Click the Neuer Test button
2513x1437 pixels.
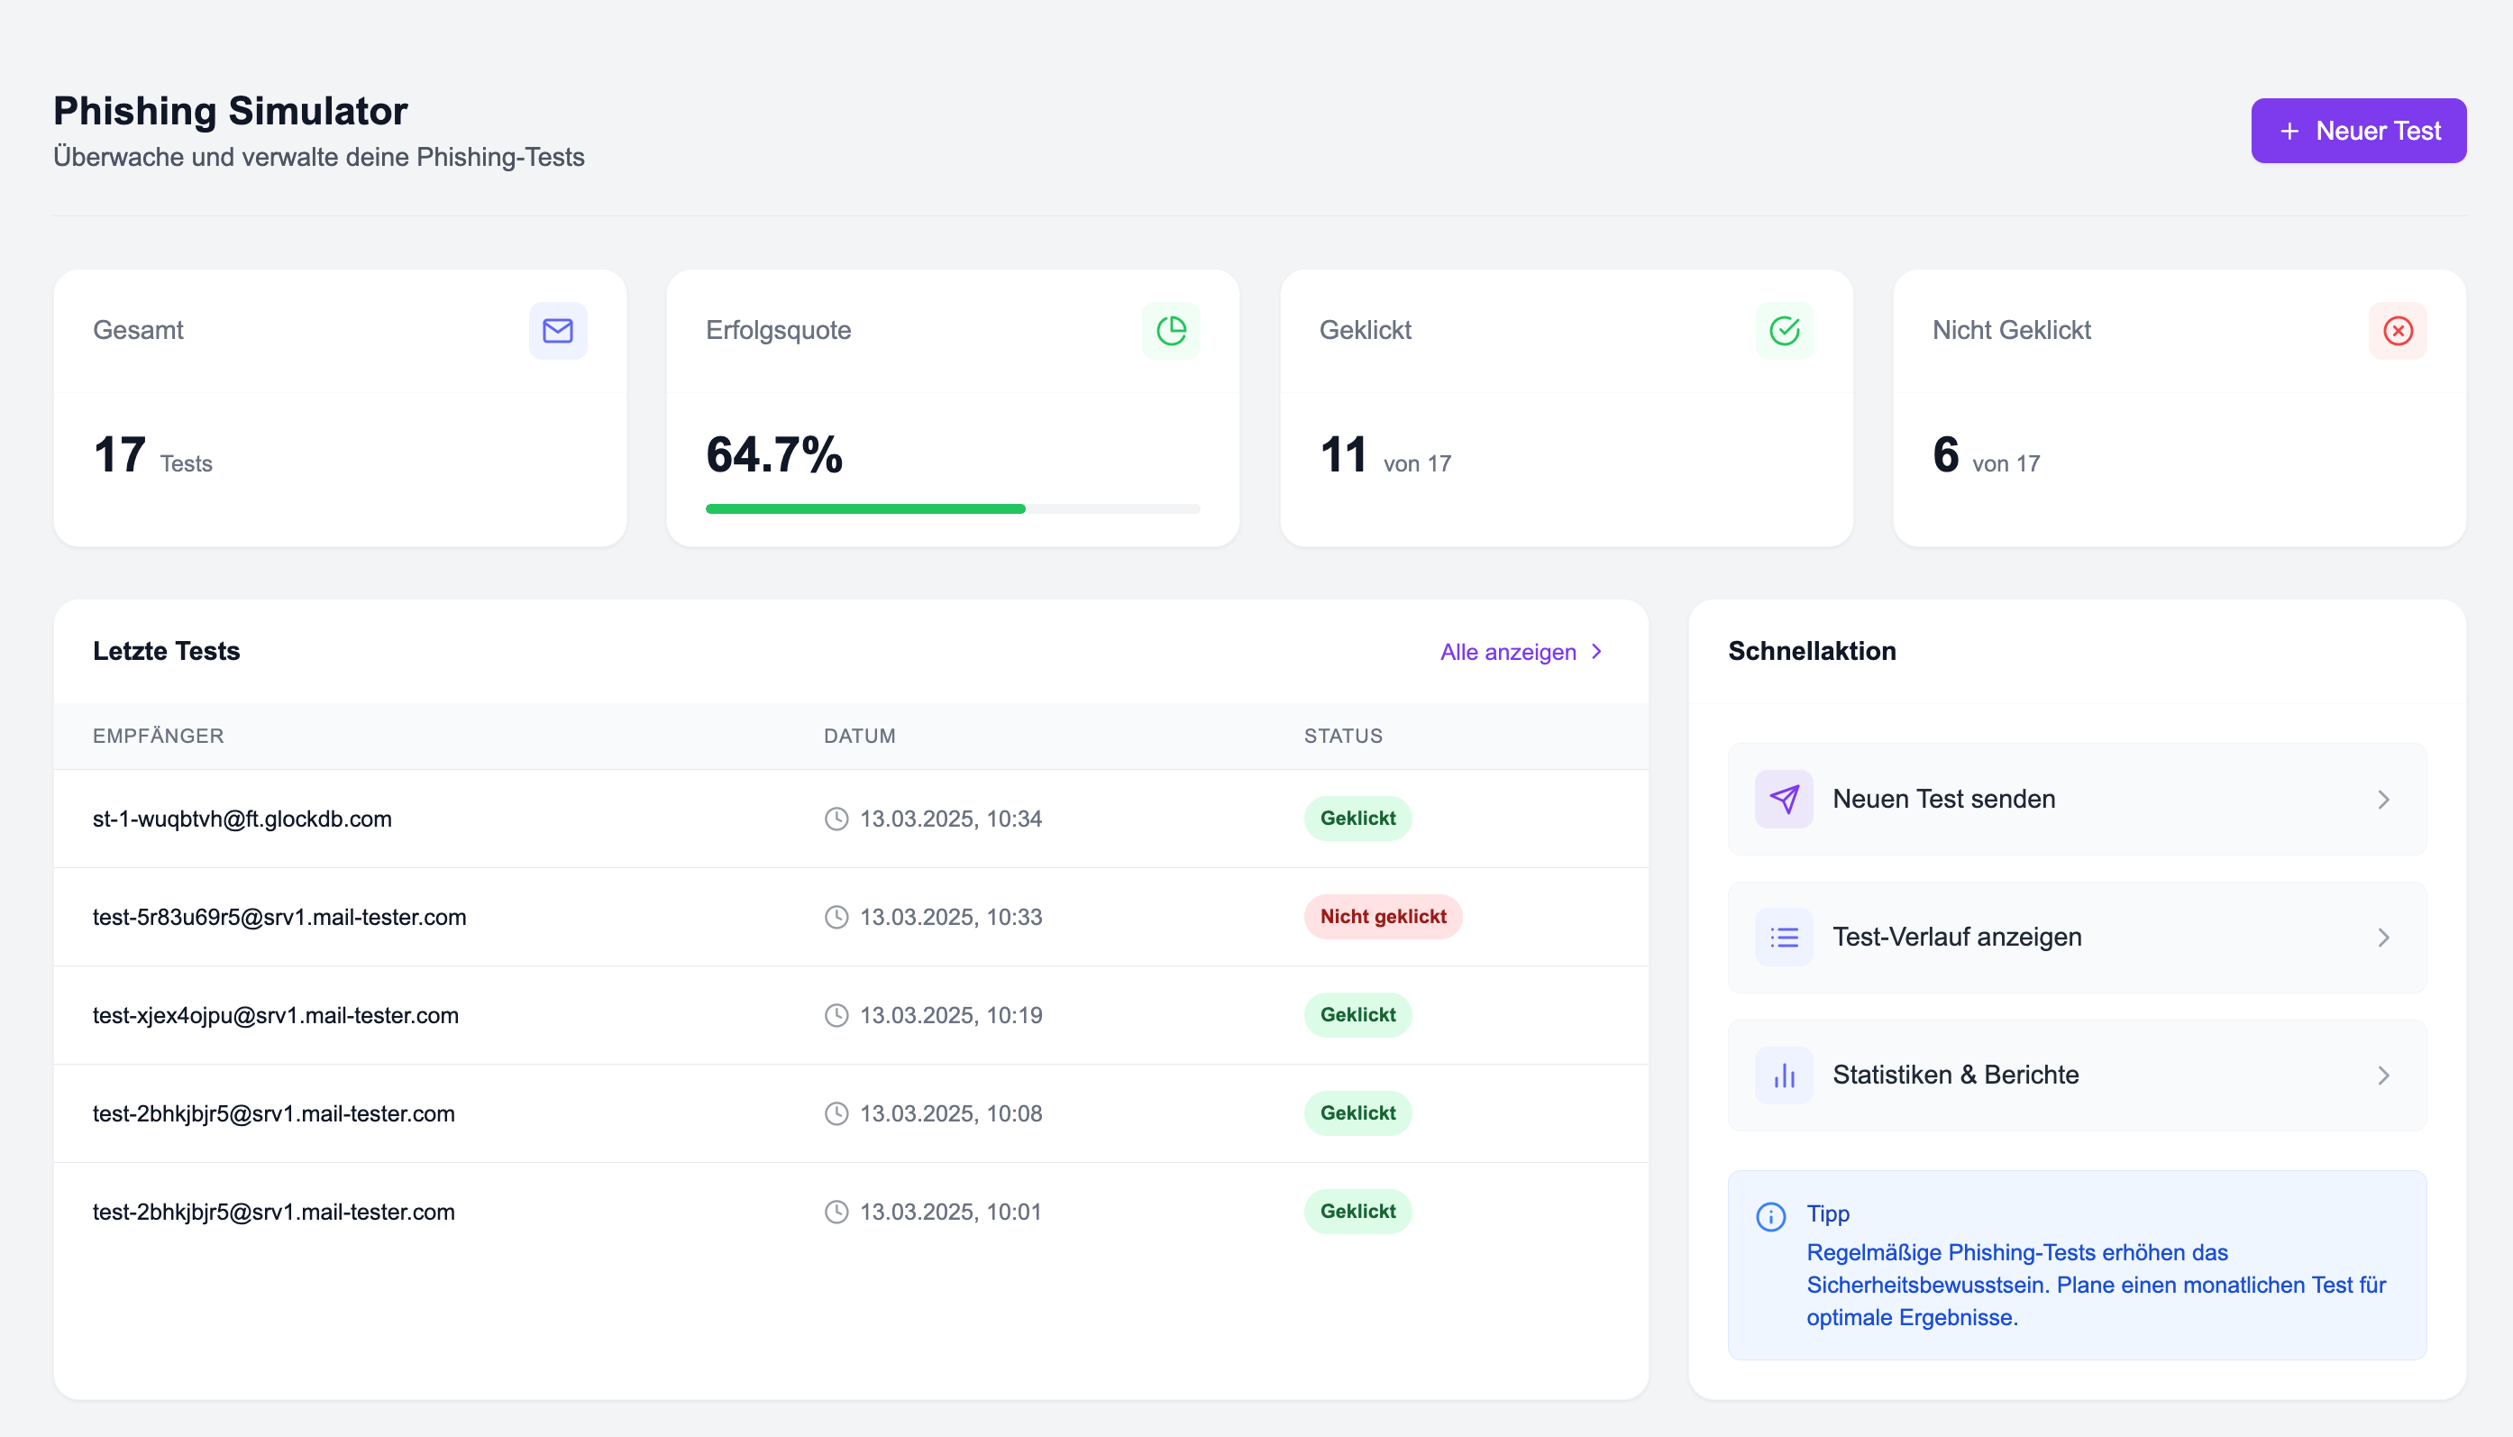pyautogui.click(x=2357, y=131)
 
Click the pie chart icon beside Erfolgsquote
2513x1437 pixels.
pyautogui.click(x=1170, y=331)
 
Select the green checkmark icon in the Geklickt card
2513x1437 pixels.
pyautogui.click(x=1784, y=331)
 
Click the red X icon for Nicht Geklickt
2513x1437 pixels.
pyautogui.click(x=2398, y=331)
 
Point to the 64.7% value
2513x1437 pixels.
pyautogui.click(x=773, y=455)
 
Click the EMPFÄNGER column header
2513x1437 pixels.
pyautogui.click(x=158, y=737)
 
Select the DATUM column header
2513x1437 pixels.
pyautogui.click(x=858, y=737)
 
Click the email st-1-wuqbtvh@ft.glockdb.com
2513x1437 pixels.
pyautogui.click(x=242, y=819)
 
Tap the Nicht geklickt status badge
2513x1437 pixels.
pyautogui.click(x=1383, y=917)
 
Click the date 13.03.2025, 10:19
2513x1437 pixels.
pyautogui.click(x=950, y=1016)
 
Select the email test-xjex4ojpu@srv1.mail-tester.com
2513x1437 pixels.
pyautogui.click(x=275, y=1016)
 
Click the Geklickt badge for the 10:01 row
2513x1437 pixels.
pyautogui.click(x=1357, y=1212)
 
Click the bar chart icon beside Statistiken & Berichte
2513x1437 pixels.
pyautogui.click(x=1783, y=1075)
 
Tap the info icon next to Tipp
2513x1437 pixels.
pyautogui.click(x=1770, y=1217)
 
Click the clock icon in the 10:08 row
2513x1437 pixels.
pyautogui.click(x=836, y=1114)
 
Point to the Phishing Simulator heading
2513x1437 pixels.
pyautogui.click(x=230, y=111)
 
